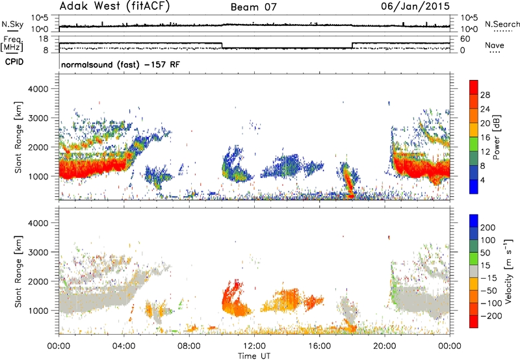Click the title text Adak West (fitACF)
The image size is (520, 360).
(x=114, y=6)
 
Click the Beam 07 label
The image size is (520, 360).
(x=253, y=7)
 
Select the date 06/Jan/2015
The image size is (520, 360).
(x=415, y=6)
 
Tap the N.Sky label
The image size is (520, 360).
(x=12, y=24)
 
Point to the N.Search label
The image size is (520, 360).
(x=502, y=24)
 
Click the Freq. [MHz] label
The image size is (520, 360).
(x=12, y=44)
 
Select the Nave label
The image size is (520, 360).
(x=495, y=45)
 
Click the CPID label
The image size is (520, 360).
(x=14, y=62)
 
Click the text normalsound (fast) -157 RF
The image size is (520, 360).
(x=120, y=64)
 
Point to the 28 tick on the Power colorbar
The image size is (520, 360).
(x=485, y=95)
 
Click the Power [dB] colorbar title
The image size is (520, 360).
(x=497, y=137)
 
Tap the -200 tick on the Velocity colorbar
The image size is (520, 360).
(x=491, y=316)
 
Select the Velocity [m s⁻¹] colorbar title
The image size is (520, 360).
(x=508, y=271)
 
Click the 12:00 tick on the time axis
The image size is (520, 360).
(x=254, y=346)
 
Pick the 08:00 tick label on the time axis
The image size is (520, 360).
(x=189, y=346)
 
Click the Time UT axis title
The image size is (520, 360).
(x=254, y=356)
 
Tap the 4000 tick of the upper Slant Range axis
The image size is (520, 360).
(x=38, y=89)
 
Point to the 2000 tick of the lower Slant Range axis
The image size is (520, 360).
(x=38, y=281)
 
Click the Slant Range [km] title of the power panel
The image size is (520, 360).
(x=19, y=137)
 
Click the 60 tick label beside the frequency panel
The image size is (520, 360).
(x=465, y=39)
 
